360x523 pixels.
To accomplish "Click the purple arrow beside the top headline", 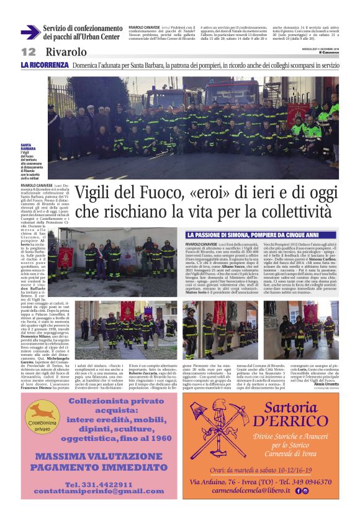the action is (30, 32).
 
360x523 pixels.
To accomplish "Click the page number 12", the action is (29, 52).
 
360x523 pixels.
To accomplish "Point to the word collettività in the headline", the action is (294, 211).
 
